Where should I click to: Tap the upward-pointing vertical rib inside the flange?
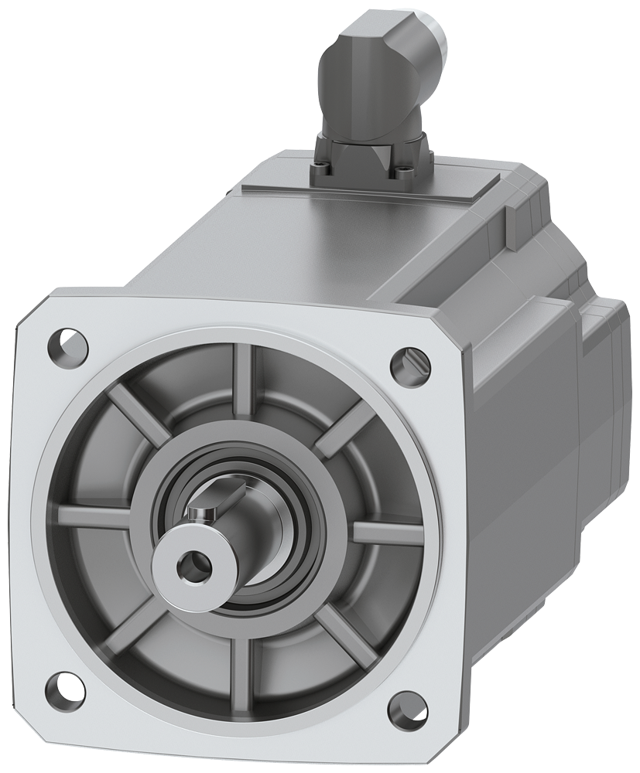[249, 386]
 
